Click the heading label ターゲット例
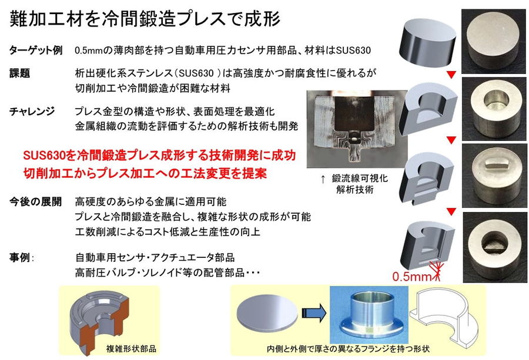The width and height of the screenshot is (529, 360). tap(35, 51)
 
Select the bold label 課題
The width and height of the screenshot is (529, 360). tap(19, 73)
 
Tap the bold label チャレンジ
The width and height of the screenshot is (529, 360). tap(32, 111)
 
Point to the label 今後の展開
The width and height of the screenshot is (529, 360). tap(35, 201)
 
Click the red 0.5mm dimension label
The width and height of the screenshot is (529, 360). tap(411, 277)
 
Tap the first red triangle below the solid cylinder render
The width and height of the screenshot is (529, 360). tap(451, 75)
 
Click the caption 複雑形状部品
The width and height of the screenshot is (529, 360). tap(131, 348)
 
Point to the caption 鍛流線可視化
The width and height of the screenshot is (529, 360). tap(360, 179)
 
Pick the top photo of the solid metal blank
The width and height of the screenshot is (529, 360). tap(494, 41)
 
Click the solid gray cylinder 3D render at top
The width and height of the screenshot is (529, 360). tap(427, 42)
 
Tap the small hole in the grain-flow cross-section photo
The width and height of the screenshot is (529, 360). tap(354, 139)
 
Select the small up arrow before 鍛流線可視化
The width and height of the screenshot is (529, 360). tap(323, 179)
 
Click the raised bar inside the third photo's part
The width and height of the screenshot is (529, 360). tap(496, 164)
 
